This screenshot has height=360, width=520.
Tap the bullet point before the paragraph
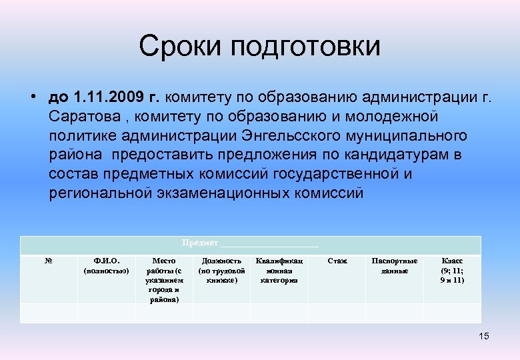click(32, 98)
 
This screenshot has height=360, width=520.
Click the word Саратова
click(81, 117)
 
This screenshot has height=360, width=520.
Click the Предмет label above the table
click(200, 242)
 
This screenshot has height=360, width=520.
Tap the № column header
click(49, 261)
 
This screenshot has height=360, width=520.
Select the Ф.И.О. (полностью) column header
click(106, 266)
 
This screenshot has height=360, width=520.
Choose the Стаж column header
click(337, 261)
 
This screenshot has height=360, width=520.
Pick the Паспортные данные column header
click(395, 266)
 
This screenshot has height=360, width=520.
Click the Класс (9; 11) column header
click(452, 271)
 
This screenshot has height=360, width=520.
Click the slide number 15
click(483, 336)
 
